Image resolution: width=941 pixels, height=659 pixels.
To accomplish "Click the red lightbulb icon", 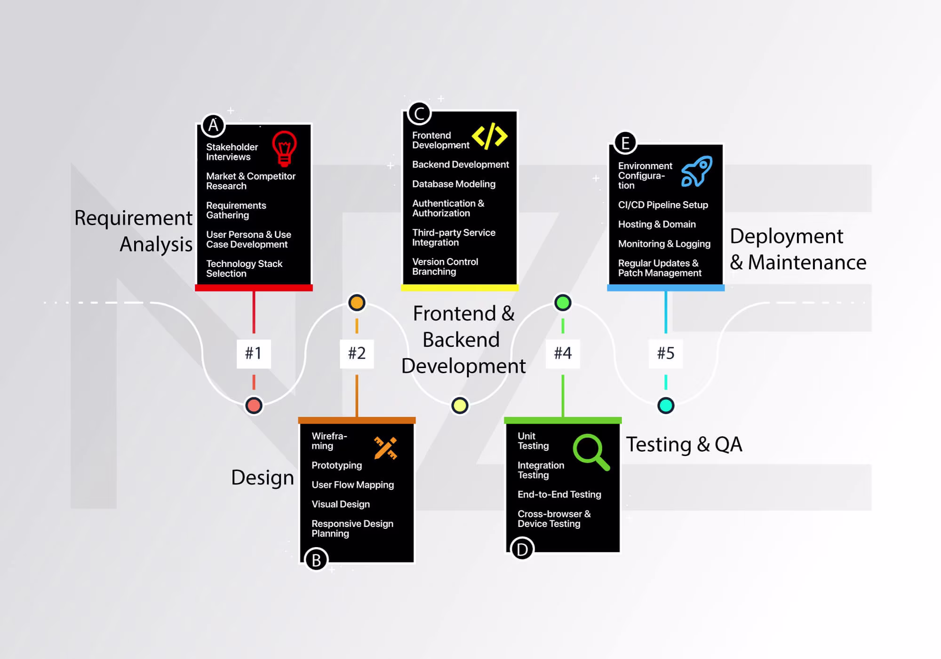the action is pos(284,149).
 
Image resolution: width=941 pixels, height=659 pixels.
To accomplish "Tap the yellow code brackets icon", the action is pos(489,136).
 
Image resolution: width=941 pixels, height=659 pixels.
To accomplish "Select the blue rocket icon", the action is pos(697,172).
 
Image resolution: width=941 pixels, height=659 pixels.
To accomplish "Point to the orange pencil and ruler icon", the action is pos(385,448).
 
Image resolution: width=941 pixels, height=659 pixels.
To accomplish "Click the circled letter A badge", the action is pos(213,126).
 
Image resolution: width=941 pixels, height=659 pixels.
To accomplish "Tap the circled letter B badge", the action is pos(316,560).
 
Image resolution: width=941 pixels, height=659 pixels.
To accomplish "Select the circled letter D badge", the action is pos(522,549).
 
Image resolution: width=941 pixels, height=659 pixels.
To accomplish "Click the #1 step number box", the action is pos(254,353).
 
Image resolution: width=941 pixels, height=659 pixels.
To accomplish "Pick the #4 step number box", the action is pos(563,353).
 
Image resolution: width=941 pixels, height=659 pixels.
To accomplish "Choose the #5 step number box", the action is pos(666,353).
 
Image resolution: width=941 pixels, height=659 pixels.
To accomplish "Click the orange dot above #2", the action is pos(357,303).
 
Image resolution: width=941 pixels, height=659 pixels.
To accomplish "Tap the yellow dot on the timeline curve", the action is pos(460,405).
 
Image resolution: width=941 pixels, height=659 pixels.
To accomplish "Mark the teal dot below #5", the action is pos(666,405).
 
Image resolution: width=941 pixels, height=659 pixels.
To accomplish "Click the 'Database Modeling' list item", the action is pos(454,184).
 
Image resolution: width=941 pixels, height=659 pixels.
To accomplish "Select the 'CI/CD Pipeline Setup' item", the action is pos(663,204).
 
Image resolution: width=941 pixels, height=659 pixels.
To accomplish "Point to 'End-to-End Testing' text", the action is pos(559,494).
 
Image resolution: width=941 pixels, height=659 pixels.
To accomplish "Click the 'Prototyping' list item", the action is pos(337,465).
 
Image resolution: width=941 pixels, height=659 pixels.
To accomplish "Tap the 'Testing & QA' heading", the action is pos(684,445).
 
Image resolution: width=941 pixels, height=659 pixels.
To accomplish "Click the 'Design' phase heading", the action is pos(263,478).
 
